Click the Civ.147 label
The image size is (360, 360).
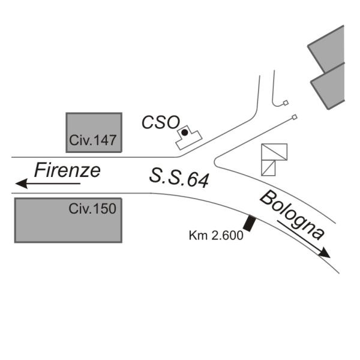[x=93, y=140]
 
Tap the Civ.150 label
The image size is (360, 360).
[x=92, y=209]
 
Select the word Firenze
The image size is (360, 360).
[x=67, y=170]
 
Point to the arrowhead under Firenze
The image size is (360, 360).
[x=22, y=184]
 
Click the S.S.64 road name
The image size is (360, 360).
[x=179, y=178]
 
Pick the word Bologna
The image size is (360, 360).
[x=292, y=215]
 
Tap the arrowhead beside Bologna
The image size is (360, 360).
[x=325, y=253]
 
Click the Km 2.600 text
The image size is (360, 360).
[x=216, y=236]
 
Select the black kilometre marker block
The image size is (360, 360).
[x=250, y=223]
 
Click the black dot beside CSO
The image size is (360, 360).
[x=185, y=132]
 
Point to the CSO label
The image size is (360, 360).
[x=161, y=122]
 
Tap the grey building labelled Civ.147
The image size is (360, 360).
[x=94, y=133]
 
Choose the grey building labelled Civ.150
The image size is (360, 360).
[x=68, y=220]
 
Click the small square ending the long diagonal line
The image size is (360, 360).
[x=295, y=118]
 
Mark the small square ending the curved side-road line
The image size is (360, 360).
[x=286, y=103]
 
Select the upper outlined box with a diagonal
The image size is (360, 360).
[x=274, y=152]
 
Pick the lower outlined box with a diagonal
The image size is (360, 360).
[x=268, y=168]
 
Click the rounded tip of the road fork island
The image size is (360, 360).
[x=215, y=161]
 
